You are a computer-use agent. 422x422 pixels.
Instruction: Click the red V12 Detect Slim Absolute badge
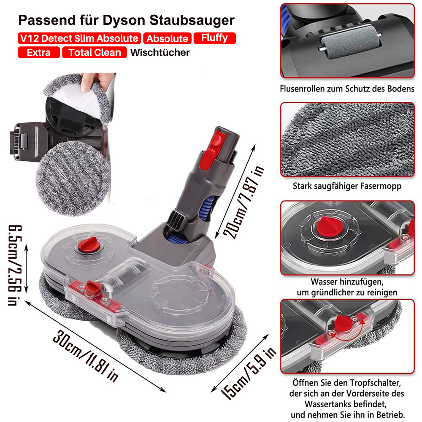click(79, 38)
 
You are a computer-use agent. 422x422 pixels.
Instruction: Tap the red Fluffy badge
click(215, 38)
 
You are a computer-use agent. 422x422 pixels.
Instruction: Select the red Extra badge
click(39, 52)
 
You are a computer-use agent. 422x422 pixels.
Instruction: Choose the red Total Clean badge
click(95, 52)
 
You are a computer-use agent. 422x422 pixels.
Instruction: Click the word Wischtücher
click(160, 52)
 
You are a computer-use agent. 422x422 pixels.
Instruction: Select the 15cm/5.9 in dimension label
click(249, 373)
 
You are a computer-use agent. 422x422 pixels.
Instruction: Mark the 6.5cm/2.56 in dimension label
click(14, 265)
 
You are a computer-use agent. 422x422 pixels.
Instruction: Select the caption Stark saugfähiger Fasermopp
click(347, 186)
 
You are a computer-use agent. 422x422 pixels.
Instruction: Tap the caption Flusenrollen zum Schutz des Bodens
click(347, 89)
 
